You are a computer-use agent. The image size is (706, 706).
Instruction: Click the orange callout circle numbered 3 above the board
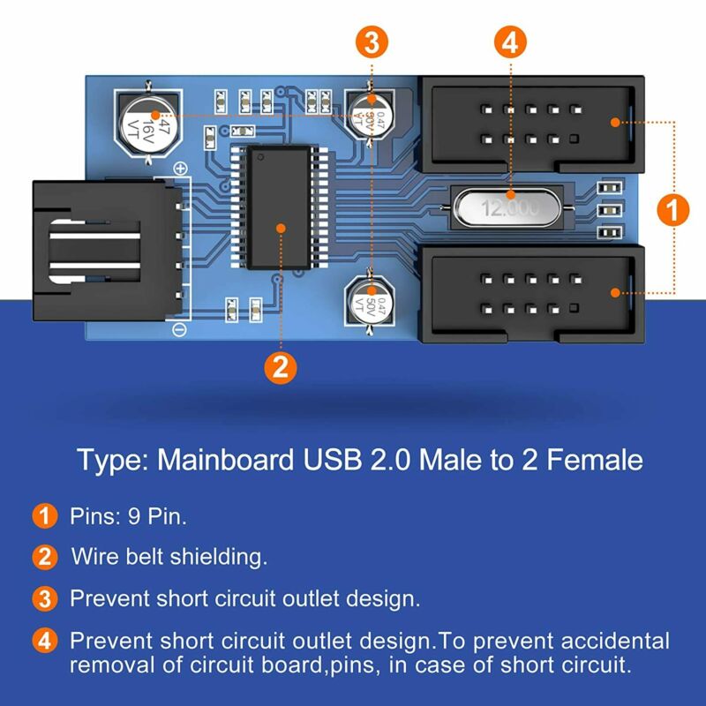click(x=372, y=41)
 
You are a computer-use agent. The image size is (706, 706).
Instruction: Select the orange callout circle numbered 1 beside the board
click(x=674, y=211)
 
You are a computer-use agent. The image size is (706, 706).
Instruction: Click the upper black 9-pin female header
click(x=529, y=124)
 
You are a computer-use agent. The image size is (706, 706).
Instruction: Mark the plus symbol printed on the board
click(x=180, y=169)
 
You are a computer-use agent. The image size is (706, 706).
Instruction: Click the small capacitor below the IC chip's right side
click(x=368, y=301)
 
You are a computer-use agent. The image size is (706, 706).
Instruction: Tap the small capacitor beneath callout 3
click(x=370, y=113)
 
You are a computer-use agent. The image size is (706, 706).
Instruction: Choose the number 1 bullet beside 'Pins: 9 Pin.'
click(x=41, y=516)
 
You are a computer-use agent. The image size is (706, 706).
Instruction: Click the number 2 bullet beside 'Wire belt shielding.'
click(x=41, y=557)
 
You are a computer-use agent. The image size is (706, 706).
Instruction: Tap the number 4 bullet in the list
click(x=41, y=641)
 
